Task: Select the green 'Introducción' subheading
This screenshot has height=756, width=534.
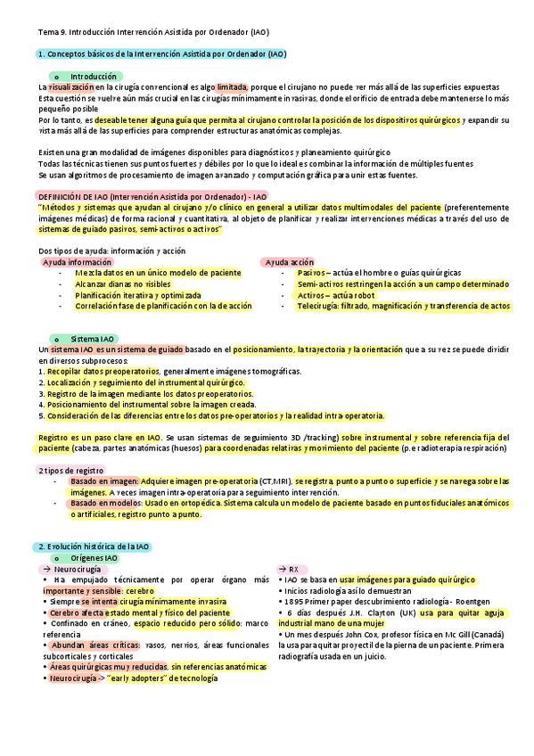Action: tap(93, 77)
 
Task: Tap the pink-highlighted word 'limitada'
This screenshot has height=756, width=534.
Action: tap(232, 87)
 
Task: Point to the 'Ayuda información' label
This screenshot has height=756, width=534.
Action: tap(78, 262)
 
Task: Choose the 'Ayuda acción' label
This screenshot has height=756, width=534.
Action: tap(290, 262)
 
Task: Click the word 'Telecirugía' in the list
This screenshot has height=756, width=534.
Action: tap(318, 306)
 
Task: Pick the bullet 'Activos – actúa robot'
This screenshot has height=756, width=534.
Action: tap(337, 295)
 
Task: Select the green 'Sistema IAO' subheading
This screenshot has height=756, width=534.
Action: tap(93, 339)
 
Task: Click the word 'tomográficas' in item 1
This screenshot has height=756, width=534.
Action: tap(275, 372)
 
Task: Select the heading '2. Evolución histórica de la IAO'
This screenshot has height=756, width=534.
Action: tap(93, 546)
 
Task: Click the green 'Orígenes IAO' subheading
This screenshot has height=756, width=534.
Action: tap(94, 557)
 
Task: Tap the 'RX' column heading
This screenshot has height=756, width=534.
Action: tap(293, 569)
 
